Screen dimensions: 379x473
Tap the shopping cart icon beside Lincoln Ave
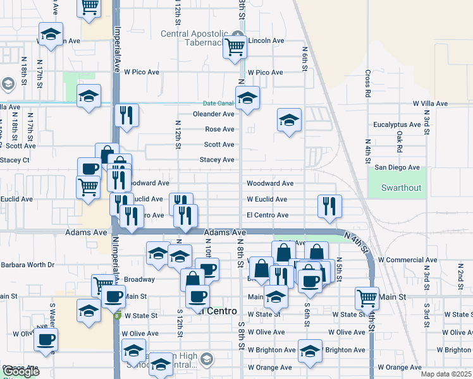tap(235, 45)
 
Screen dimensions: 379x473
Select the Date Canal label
tap(218, 103)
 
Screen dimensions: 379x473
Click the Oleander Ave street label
tap(214, 114)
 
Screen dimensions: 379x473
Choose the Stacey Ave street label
tap(217, 160)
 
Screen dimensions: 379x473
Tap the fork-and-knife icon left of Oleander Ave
tap(126, 115)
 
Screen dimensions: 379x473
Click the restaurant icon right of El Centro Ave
tap(329, 206)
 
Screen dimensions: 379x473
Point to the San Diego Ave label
tap(397, 167)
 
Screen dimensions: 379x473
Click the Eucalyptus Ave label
tap(397, 125)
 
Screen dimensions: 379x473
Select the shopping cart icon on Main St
tap(367, 297)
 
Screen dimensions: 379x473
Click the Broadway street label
tap(139, 279)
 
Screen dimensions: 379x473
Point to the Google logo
tap(21, 372)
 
